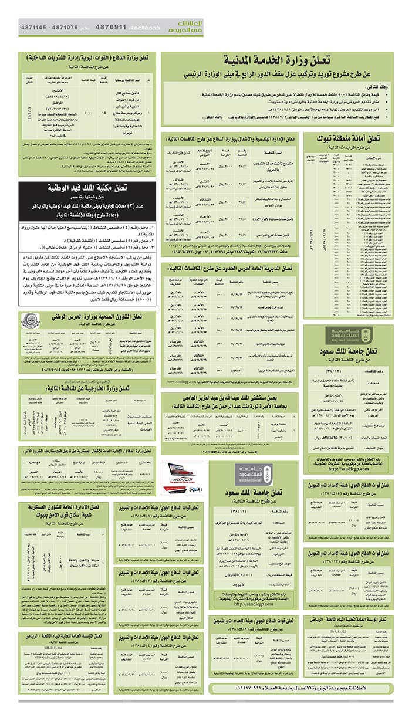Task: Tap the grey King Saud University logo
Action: (245, 472)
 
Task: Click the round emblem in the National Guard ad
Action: (29, 320)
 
